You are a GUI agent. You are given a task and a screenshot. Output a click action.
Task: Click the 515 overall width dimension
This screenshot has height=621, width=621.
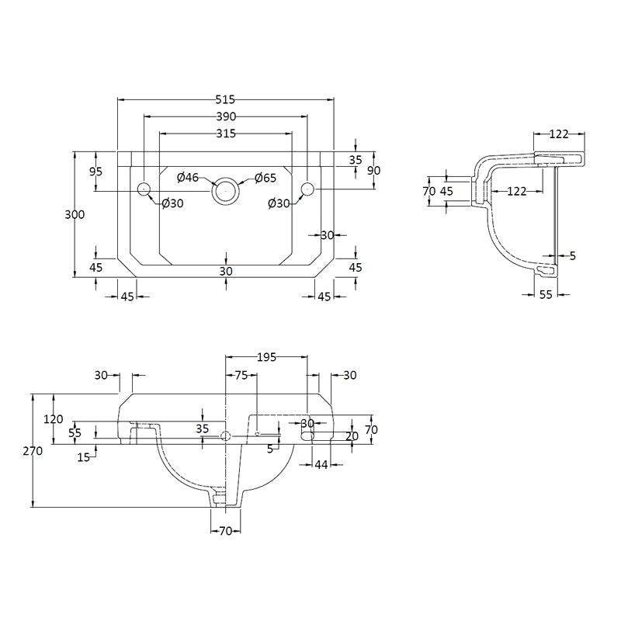point(225,99)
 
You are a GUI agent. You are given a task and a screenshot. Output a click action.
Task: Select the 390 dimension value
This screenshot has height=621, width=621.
point(226,117)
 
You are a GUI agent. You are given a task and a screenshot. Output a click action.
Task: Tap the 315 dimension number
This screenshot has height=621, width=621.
point(226,134)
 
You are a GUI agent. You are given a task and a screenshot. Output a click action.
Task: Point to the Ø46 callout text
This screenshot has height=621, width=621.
point(188,178)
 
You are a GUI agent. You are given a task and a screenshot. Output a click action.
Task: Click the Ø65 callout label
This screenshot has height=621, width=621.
point(265,178)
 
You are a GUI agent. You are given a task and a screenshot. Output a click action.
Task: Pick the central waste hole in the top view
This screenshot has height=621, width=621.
point(226,190)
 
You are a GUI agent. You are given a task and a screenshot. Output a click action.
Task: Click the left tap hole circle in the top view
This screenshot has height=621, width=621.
point(144,189)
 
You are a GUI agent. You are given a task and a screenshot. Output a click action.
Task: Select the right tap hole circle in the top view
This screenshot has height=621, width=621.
point(307,189)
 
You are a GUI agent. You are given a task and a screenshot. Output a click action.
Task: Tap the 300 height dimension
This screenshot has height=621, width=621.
point(75,214)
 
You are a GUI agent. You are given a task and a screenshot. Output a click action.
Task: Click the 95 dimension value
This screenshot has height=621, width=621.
point(95,172)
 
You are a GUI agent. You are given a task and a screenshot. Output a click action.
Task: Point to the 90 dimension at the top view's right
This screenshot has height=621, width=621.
point(374,170)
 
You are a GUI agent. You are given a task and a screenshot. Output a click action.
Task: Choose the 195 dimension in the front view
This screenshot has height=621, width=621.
point(266,357)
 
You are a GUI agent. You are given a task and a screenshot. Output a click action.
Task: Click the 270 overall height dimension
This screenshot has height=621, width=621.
point(33,451)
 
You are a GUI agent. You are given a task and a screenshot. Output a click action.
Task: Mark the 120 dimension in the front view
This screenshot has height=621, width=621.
point(53,418)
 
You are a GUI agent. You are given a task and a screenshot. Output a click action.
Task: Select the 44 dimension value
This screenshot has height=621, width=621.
point(321,464)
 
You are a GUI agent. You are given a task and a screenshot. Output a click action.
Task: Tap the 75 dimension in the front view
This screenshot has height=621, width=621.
point(241,375)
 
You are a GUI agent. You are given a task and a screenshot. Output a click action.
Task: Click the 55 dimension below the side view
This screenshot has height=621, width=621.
point(546,294)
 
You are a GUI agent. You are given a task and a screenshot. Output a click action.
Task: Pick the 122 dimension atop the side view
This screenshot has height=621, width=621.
point(559,134)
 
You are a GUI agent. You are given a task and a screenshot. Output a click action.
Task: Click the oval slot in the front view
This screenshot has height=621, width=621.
point(307,436)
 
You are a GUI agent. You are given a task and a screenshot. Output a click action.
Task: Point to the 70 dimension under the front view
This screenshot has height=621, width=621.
point(225,531)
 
